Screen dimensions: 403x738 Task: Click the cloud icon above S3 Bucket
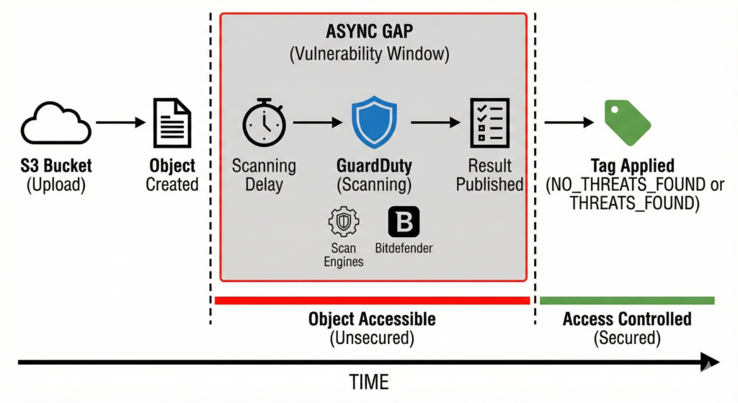pos(56,124)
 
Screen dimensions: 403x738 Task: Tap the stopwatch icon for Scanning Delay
pos(264,123)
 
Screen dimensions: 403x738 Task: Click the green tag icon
pos(627,123)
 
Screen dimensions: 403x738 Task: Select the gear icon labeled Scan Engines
pos(343,222)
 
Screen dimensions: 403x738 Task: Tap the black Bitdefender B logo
pos(404,222)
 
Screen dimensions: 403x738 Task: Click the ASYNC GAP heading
pos(374,33)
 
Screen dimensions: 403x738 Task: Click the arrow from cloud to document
pos(120,123)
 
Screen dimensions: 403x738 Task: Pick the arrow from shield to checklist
pos(434,123)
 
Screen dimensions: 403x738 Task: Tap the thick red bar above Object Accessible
pos(372,301)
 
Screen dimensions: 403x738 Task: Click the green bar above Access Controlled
pos(627,301)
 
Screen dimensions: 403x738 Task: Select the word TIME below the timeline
pos(369,383)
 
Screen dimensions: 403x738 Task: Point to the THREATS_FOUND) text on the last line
pos(634,204)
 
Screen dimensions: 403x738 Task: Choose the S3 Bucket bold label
pos(56,167)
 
